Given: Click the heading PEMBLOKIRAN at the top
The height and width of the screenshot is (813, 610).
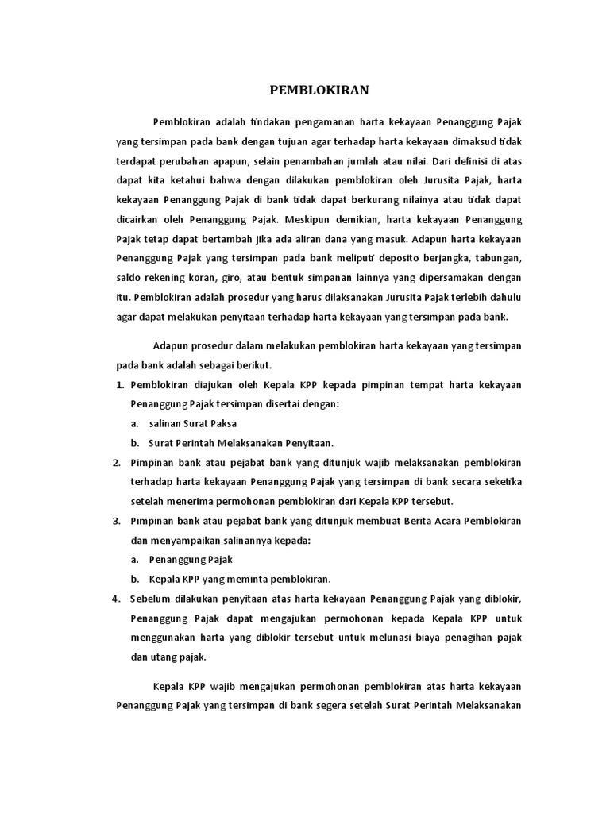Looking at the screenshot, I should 319,90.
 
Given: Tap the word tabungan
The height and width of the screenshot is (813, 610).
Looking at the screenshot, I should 496,259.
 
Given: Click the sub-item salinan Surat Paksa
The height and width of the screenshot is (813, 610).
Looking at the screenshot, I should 193,423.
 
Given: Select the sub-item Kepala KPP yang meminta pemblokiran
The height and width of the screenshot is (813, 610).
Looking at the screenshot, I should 240,578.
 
